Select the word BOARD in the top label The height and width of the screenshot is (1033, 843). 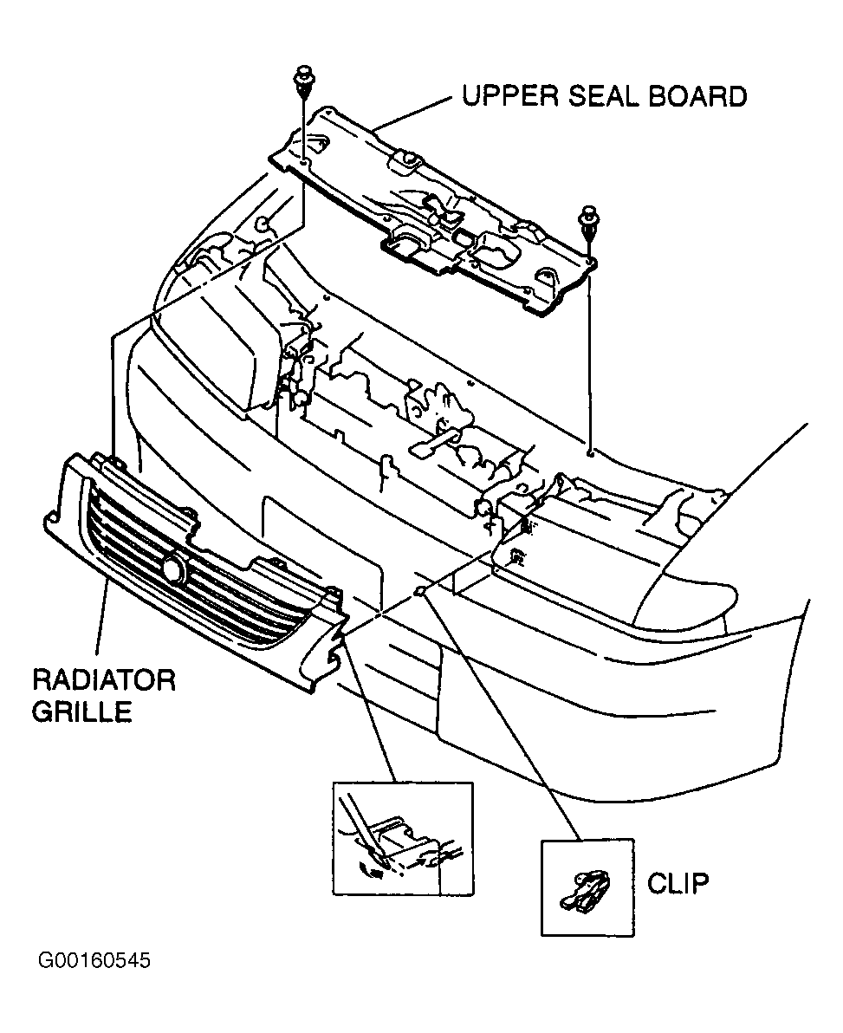click(x=698, y=96)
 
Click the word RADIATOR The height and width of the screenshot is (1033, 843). click(x=104, y=679)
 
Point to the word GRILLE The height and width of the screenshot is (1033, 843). click(x=82, y=711)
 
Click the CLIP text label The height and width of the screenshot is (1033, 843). click(x=678, y=883)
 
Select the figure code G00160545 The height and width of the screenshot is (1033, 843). click(x=94, y=960)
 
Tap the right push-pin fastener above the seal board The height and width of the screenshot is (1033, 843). click(x=586, y=218)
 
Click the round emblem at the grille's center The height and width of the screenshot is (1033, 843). click(x=175, y=568)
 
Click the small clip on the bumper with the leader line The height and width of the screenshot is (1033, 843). click(x=419, y=591)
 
